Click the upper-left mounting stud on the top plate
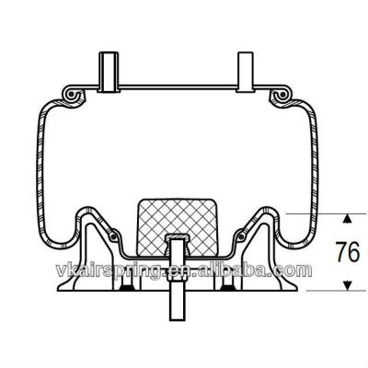point(106,71)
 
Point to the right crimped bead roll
point(280,96)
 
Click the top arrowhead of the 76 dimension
point(347,219)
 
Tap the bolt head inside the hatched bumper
point(175,241)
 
